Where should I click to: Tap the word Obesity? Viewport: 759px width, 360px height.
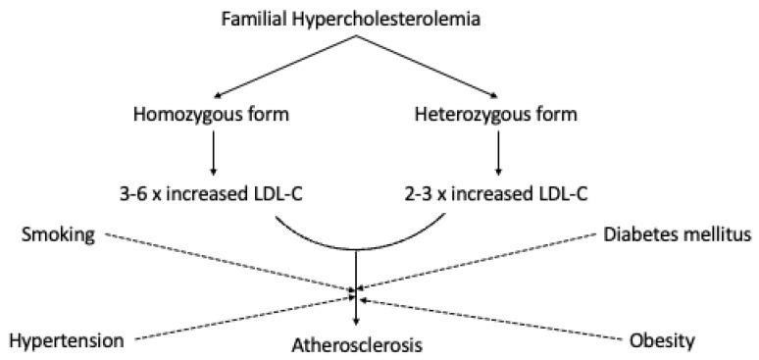click(663, 341)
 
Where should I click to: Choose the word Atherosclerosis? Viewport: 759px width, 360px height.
click(356, 344)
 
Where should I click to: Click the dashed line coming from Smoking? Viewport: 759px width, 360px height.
click(226, 262)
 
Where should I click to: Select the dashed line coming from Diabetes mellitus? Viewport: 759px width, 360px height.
click(481, 262)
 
